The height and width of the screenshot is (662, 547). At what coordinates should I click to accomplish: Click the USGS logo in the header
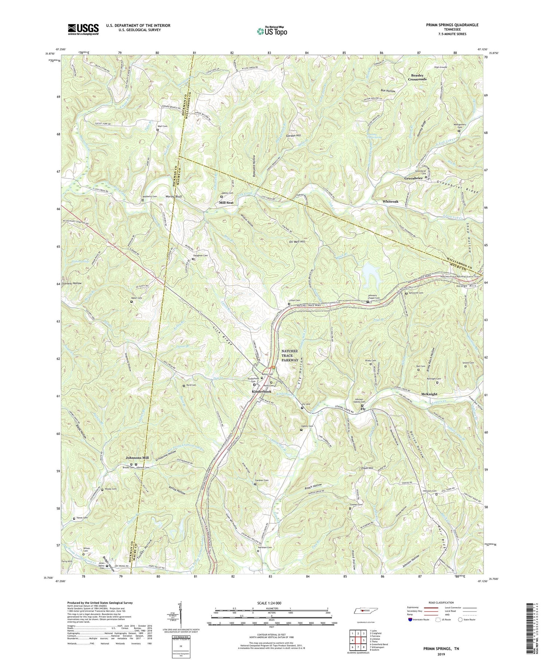point(83,29)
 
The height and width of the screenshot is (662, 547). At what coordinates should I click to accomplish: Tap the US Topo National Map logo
point(272,31)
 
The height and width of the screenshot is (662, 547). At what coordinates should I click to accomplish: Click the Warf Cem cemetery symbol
point(158,129)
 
